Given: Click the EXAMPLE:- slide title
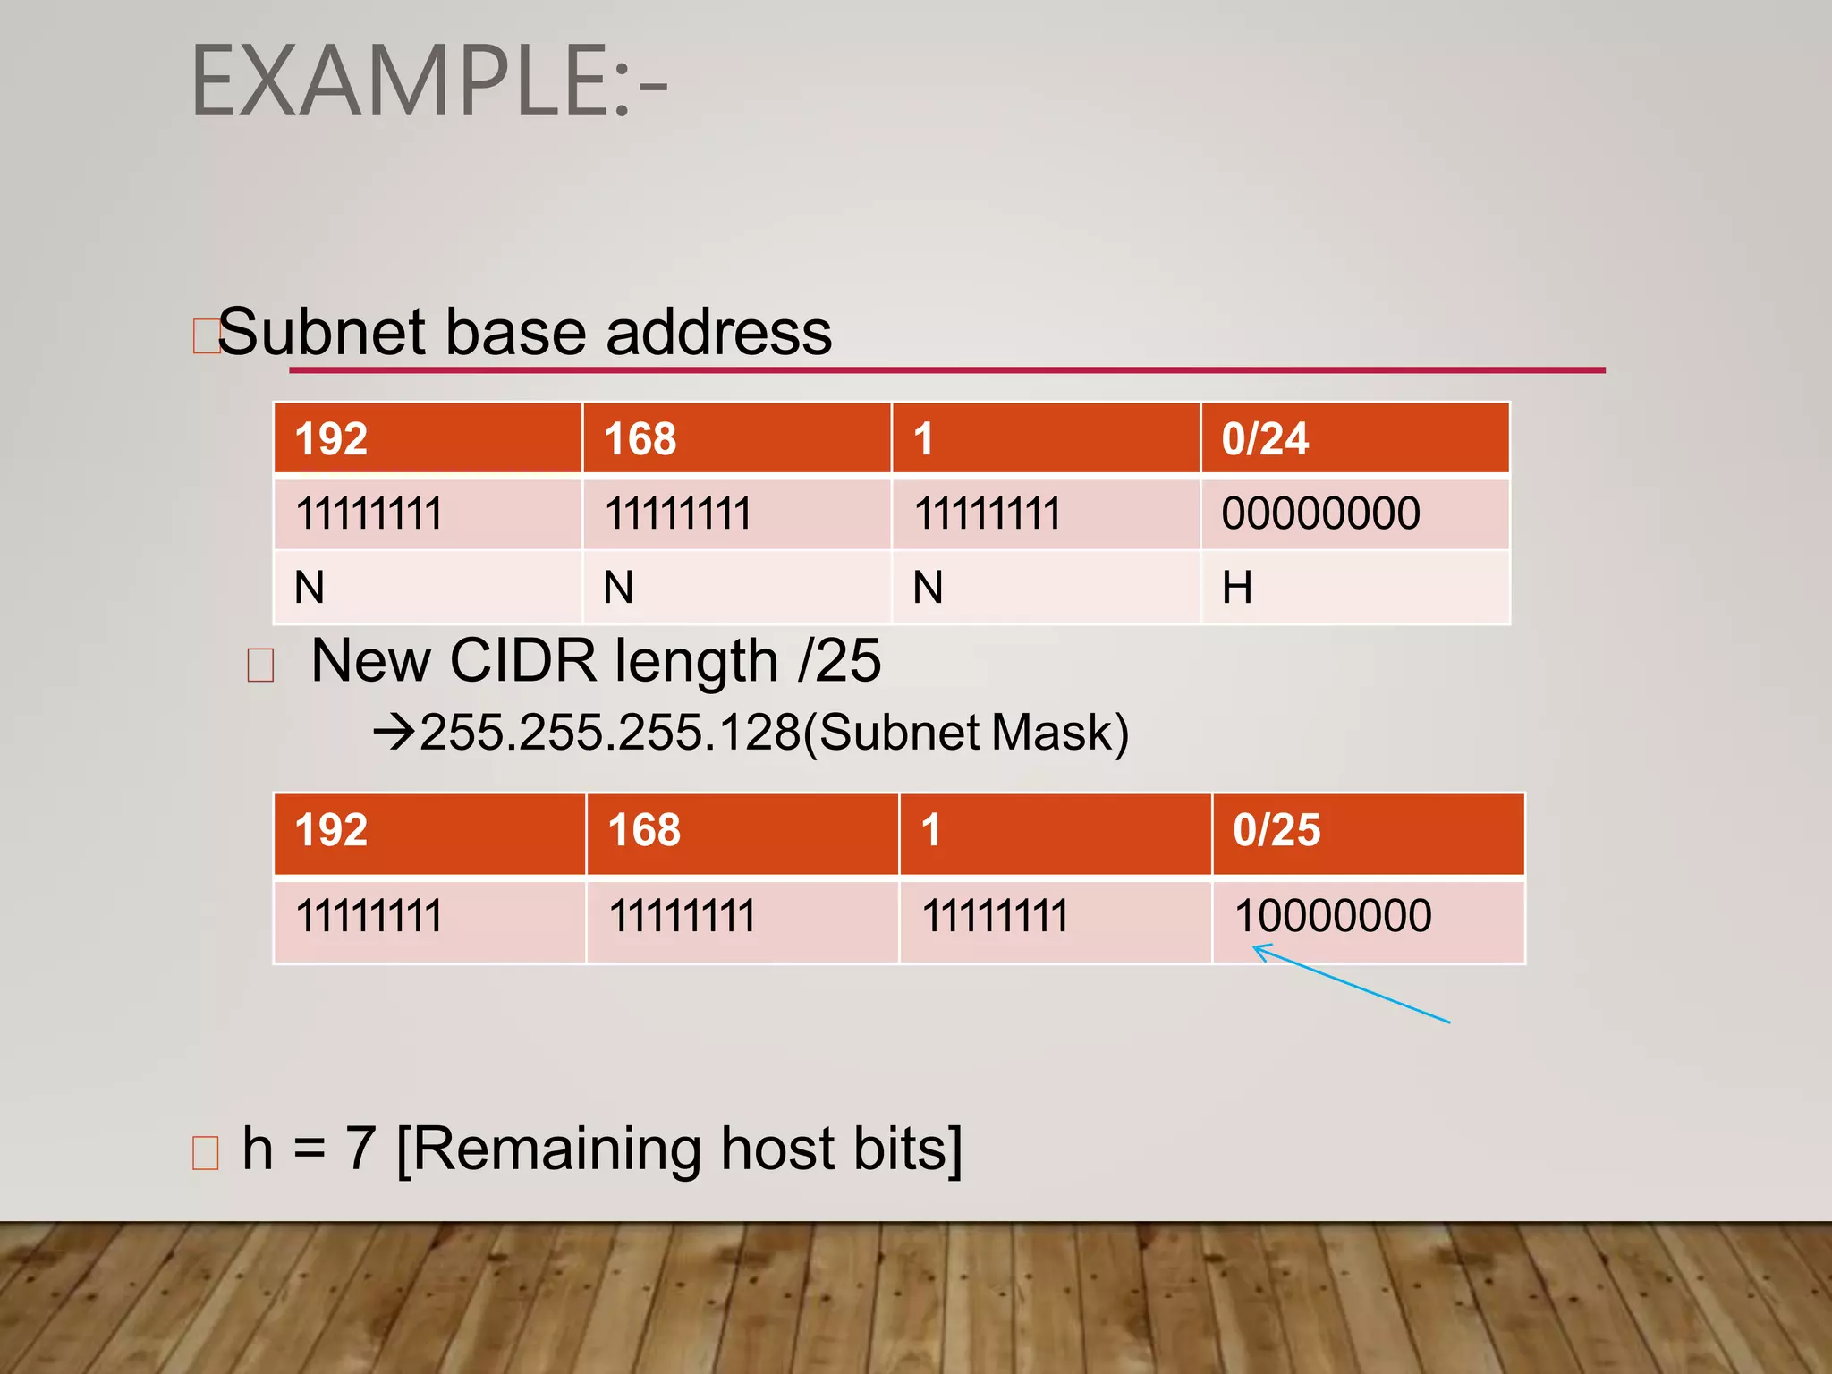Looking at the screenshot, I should click(428, 82).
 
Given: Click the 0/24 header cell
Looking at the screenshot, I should click(1354, 438).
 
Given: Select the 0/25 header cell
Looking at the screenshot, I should click(1368, 830).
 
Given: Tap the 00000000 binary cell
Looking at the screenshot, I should click(1354, 514).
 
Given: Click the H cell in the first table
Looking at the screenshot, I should click(1354, 588).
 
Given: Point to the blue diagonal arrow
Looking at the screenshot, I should click(1351, 984).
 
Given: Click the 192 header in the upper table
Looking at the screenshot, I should click(428, 438).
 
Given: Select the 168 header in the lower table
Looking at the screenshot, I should click(742, 830).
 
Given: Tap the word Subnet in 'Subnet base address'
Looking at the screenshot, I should click(321, 333).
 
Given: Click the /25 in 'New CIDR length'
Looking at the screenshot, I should click(840, 662).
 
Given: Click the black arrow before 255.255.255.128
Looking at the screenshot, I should click(394, 733).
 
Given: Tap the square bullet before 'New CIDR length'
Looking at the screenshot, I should click(260, 666).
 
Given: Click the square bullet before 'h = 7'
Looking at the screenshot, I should click(206, 1153).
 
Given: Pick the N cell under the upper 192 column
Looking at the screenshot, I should click(428, 588).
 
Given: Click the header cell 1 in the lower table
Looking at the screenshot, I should click(1055, 830).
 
